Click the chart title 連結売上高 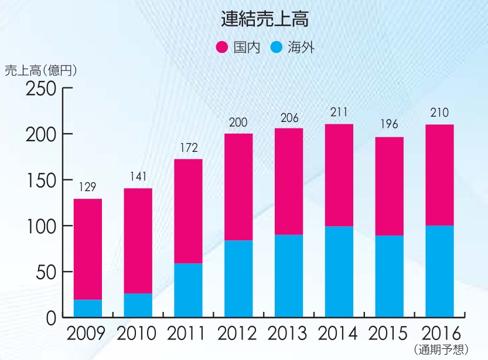coord(265,20)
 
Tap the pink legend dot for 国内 coord(223,47)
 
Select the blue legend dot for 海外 coord(277,47)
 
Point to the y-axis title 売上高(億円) coord(40,70)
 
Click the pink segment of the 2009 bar coord(87,249)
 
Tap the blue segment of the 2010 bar coord(138,305)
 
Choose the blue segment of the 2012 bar coord(238,279)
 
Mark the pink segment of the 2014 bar coord(339,175)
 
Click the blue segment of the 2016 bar coord(439,271)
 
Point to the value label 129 coord(87,188)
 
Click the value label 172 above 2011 coord(188,148)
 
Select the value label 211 coord(339,112)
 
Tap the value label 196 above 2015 coord(389,124)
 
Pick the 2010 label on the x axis coord(138,334)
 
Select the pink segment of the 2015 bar coord(389,186)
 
